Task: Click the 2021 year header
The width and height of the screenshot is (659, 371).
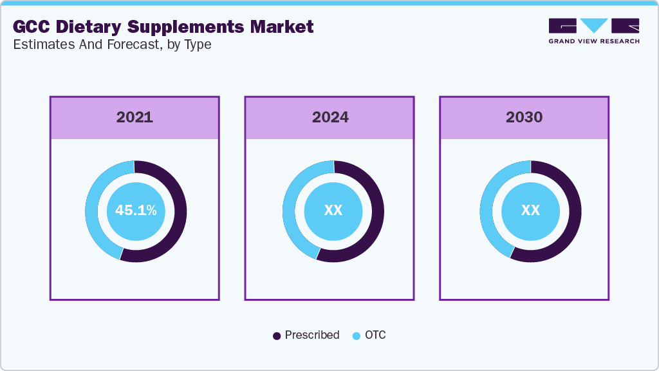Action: (135, 117)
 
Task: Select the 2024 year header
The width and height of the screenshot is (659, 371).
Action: (330, 117)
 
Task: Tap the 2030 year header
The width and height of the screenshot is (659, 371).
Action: (524, 117)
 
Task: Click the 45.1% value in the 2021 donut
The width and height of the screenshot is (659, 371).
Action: (136, 210)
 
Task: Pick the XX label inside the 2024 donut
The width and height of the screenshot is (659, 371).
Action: (333, 210)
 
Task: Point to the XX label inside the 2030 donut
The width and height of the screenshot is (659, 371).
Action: (530, 210)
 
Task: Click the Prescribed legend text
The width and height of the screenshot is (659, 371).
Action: (312, 335)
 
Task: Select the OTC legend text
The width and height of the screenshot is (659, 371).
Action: (375, 335)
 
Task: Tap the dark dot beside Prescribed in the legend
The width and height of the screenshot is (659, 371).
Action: (277, 336)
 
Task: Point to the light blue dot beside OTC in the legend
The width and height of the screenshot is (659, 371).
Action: (357, 336)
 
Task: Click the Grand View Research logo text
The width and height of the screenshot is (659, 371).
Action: (594, 41)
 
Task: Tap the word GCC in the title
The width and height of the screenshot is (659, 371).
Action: (32, 26)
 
